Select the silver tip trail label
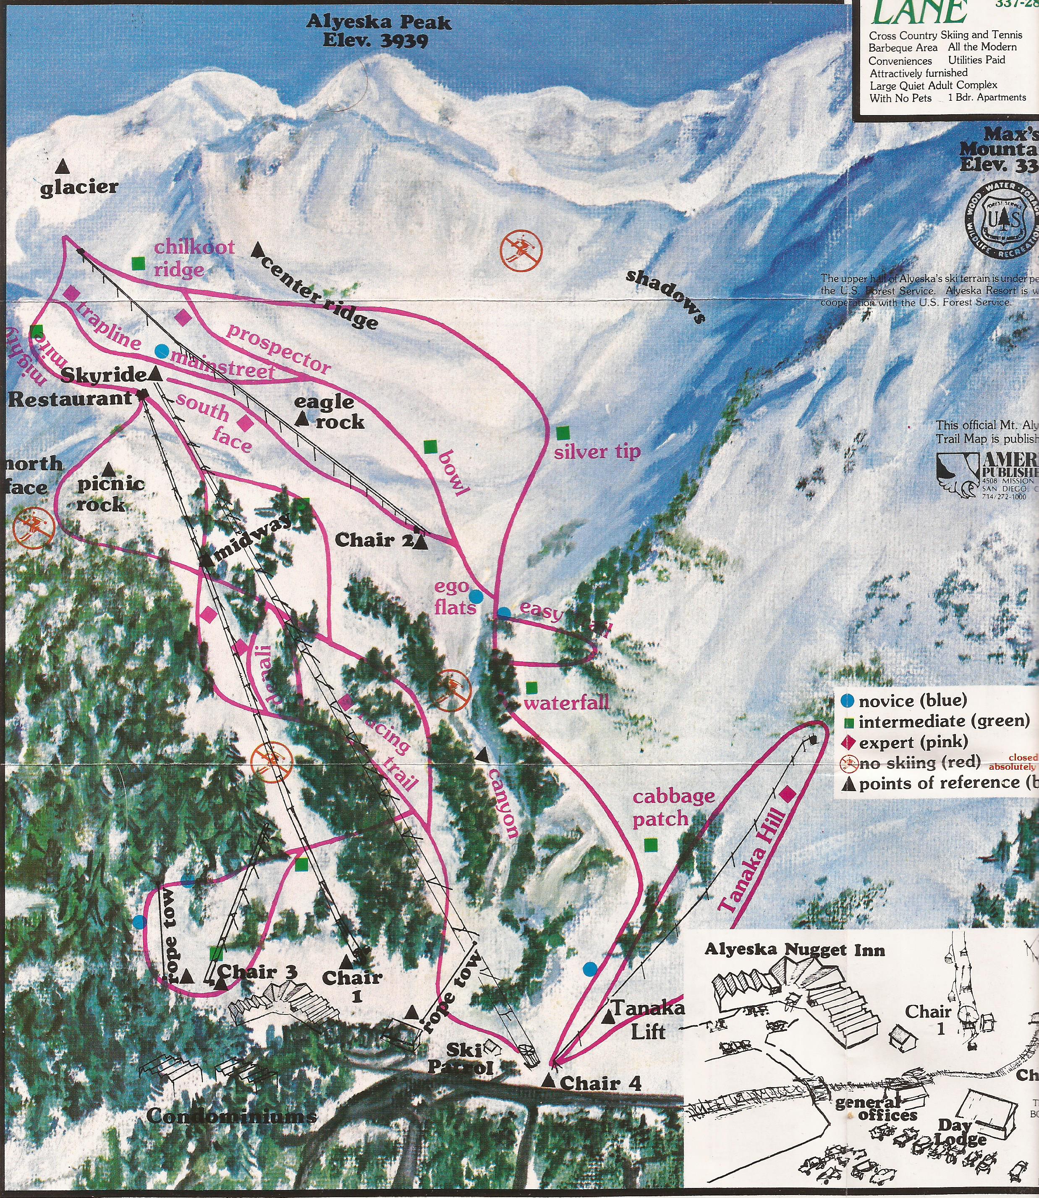(597, 452)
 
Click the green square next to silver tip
(561, 433)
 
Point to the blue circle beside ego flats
(476, 595)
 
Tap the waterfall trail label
(566, 703)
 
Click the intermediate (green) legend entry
(937, 722)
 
